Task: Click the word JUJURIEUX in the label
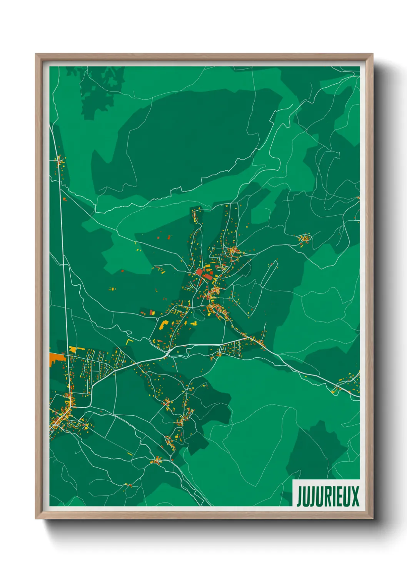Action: [x=327, y=496]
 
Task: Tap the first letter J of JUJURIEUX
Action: [x=299, y=496]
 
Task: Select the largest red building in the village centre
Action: [x=200, y=273]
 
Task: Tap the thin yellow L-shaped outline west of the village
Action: [x=128, y=341]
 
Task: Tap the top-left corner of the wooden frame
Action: [x=37, y=55]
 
